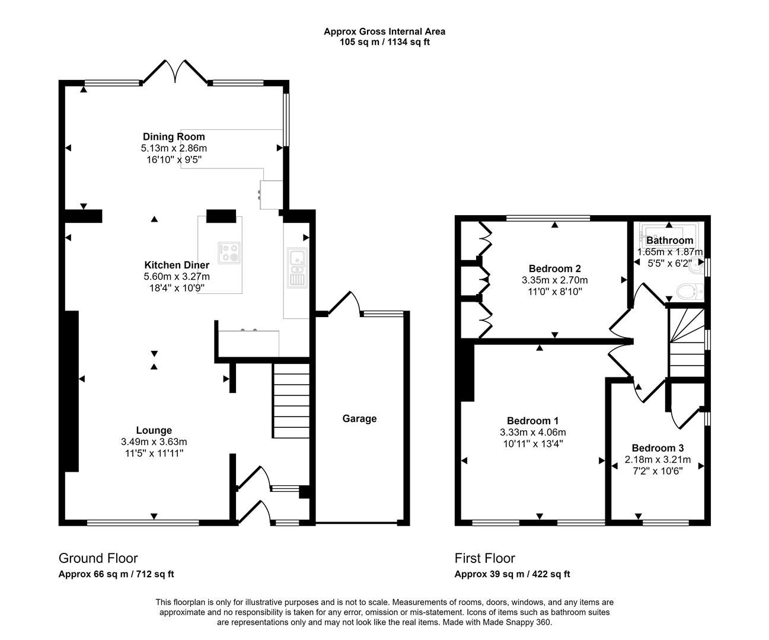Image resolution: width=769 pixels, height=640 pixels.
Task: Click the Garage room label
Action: click(359, 418)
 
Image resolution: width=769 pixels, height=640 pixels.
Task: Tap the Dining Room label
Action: click(174, 137)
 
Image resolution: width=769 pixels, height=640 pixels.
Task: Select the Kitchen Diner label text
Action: click(177, 265)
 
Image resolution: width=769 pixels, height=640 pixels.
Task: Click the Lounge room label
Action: click(154, 431)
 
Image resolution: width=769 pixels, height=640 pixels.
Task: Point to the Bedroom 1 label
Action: click(532, 421)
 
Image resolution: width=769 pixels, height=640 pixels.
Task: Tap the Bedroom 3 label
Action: click(657, 448)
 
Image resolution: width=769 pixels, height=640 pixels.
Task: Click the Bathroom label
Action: click(669, 240)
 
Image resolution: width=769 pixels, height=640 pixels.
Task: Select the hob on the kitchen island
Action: click(228, 252)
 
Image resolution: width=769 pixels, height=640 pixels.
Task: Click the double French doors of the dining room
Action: click(174, 72)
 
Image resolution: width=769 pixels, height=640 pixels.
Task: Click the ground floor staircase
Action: click(291, 401)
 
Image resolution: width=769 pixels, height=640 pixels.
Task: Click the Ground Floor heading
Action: click(98, 558)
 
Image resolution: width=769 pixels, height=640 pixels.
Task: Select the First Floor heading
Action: click(484, 558)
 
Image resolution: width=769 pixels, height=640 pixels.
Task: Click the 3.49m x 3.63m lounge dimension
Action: click(154, 442)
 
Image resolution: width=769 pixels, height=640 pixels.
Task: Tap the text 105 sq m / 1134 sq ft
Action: click(384, 42)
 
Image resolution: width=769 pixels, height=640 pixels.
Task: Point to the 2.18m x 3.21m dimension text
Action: click(657, 459)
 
